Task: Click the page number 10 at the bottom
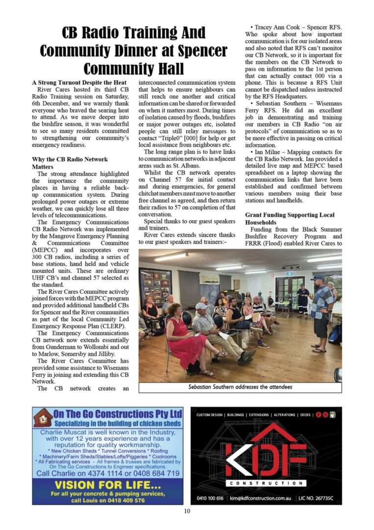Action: (x=187, y=511)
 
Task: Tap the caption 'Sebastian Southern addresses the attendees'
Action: (x=240, y=387)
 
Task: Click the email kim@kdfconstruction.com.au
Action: (x=260, y=498)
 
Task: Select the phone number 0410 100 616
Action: (x=210, y=498)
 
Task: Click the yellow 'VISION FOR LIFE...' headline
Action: (x=107, y=485)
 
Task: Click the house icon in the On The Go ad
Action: (x=43, y=418)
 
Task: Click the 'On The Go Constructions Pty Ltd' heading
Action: (x=118, y=414)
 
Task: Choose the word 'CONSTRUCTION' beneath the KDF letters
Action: (x=266, y=483)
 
